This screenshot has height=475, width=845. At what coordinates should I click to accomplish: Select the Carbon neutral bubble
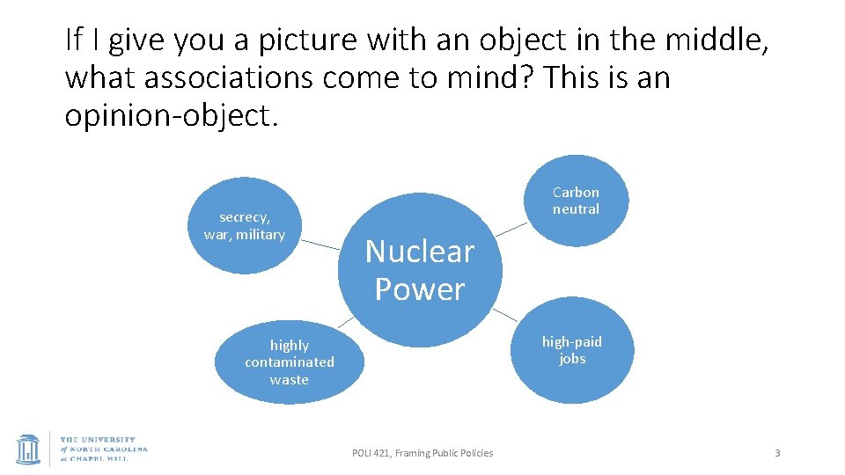click(x=576, y=201)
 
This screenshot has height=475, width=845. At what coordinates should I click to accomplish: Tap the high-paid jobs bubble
click(x=572, y=350)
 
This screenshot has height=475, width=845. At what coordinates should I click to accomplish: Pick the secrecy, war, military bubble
click(x=245, y=226)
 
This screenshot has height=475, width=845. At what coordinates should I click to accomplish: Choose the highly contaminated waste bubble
click(x=290, y=362)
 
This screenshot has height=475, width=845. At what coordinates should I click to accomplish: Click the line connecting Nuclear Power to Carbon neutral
click(x=513, y=228)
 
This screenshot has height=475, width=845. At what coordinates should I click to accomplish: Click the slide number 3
click(x=777, y=453)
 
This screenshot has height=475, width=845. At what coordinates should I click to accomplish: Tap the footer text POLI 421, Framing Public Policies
click(x=422, y=453)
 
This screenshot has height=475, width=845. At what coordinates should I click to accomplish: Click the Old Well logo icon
click(x=28, y=449)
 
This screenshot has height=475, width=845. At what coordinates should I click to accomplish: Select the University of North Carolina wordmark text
click(x=104, y=449)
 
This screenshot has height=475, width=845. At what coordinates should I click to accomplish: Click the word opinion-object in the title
click(x=171, y=116)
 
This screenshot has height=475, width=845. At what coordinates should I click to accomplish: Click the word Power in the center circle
click(x=420, y=289)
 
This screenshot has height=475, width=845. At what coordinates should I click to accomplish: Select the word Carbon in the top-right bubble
click(x=576, y=192)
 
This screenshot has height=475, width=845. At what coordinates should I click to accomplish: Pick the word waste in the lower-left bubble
click(x=290, y=380)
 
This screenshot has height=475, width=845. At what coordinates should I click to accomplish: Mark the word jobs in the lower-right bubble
click(x=572, y=359)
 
